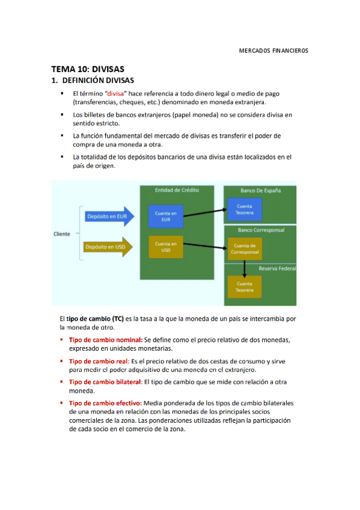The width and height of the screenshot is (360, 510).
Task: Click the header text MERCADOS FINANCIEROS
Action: coord(273,51)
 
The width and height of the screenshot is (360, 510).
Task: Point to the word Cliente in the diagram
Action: coord(62,234)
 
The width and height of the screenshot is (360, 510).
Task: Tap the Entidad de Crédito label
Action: coord(176,190)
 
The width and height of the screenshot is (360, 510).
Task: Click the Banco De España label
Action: coord(260,191)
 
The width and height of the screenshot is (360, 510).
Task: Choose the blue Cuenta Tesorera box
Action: coord(244,209)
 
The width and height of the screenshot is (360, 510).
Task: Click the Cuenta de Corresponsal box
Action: coord(244,248)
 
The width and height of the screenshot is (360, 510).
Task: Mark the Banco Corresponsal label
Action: coord(261,230)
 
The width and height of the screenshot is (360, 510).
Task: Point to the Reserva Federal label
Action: coord(277,268)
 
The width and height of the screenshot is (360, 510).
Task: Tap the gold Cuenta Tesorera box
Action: coord(244,286)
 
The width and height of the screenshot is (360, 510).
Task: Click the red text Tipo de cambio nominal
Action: coord(105,340)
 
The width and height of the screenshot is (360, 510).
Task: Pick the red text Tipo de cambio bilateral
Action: coord(105,382)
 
